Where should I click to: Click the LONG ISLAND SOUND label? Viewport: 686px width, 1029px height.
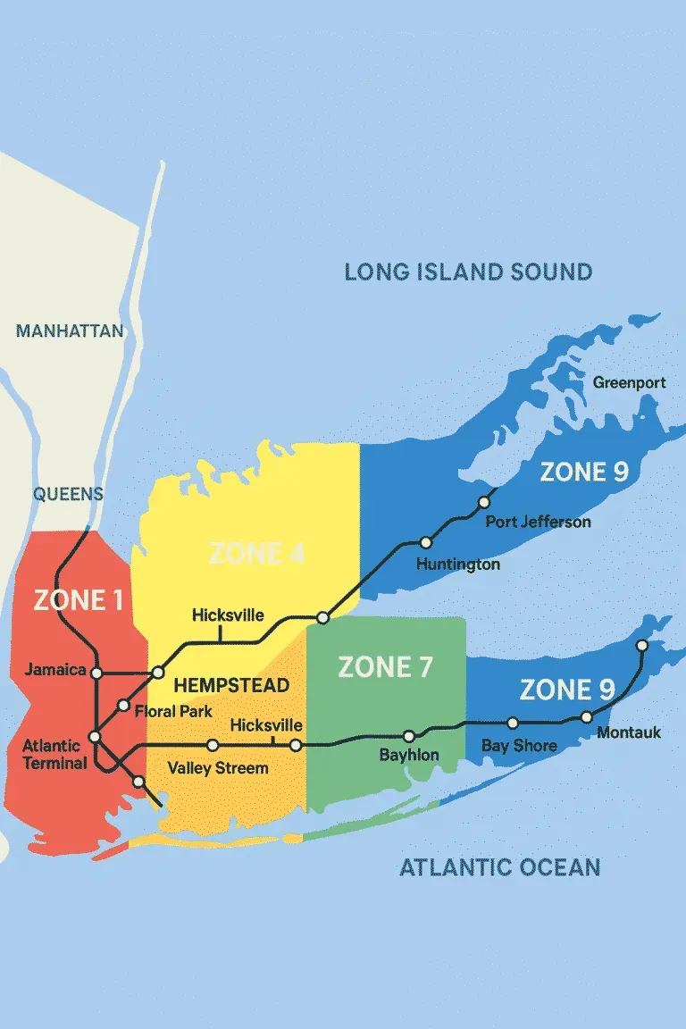pyautogui.click(x=468, y=272)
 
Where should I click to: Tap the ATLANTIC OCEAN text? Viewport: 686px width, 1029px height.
pyautogui.click(x=499, y=866)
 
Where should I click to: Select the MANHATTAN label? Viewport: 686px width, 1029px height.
pyautogui.click(x=70, y=331)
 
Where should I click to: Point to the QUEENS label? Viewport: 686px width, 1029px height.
pyautogui.click(x=68, y=494)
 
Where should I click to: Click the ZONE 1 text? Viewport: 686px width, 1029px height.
pyautogui.click(x=79, y=600)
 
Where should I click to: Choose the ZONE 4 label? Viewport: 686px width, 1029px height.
pyautogui.click(x=256, y=554)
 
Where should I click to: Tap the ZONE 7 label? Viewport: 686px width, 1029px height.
pyautogui.click(x=385, y=666)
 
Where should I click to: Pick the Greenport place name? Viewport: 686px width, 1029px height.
pyautogui.click(x=629, y=383)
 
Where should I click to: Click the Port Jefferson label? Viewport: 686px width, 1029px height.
pyautogui.click(x=538, y=522)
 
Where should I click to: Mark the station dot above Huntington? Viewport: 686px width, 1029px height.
pyautogui.click(x=426, y=542)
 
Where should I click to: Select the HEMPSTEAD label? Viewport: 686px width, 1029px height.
pyautogui.click(x=231, y=685)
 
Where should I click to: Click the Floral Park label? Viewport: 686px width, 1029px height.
pyautogui.click(x=173, y=712)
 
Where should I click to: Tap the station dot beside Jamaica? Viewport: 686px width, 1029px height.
pyautogui.click(x=97, y=673)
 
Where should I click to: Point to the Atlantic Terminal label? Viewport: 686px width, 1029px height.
pyautogui.click(x=54, y=754)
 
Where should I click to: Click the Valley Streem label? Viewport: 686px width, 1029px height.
pyautogui.click(x=217, y=768)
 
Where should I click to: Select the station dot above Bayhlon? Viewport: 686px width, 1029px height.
pyautogui.click(x=409, y=737)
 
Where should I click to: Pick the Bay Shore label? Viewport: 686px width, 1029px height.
pyautogui.click(x=519, y=746)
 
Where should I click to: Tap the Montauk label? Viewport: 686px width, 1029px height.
pyautogui.click(x=629, y=732)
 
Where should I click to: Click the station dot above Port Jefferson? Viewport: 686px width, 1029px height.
pyautogui.click(x=484, y=502)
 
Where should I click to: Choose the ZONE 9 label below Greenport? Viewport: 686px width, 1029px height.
pyautogui.click(x=584, y=473)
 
